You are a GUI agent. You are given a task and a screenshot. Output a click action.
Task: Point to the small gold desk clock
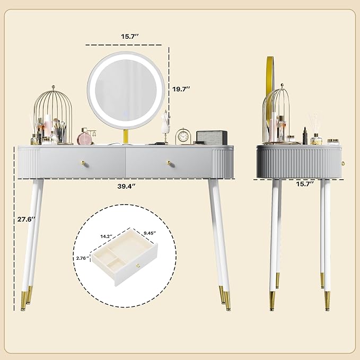[x=183, y=136]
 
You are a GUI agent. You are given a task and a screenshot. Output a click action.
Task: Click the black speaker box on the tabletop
[x=211, y=137]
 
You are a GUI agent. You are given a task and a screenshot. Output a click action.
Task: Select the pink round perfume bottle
[x=85, y=138]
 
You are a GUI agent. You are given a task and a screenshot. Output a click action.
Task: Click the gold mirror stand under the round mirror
[x=126, y=137]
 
